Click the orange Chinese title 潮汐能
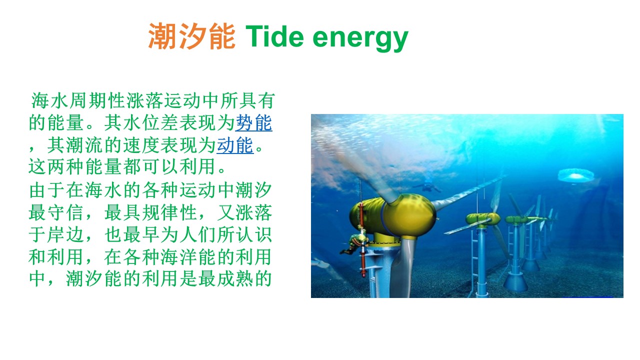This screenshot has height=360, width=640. (x=191, y=36)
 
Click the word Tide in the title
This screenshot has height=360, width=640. (x=274, y=36)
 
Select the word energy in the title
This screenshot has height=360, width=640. (x=360, y=39)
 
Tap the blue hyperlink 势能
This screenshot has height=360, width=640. (x=253, y=123)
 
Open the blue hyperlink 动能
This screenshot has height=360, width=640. (x=235, y=145)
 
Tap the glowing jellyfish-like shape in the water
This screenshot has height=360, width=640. (x=575, y=175)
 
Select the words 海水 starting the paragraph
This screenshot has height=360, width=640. (x=50, y=100)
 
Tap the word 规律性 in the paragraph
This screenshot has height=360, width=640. (x=170, y=212)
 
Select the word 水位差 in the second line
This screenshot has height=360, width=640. (x=151, y=123)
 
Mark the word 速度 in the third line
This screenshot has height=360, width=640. (x=141, y=145)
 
